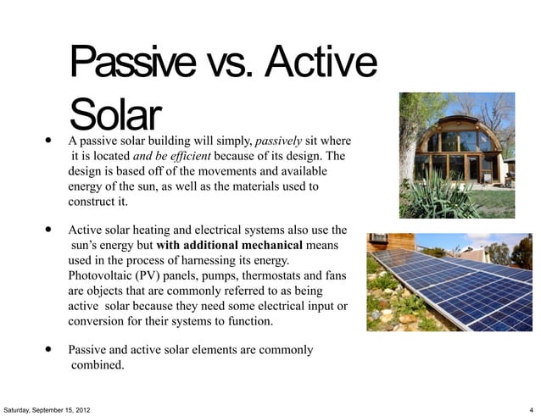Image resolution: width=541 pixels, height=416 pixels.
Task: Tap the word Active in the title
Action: click(325, 61)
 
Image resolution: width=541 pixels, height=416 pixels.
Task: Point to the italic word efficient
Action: click(189, 156)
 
